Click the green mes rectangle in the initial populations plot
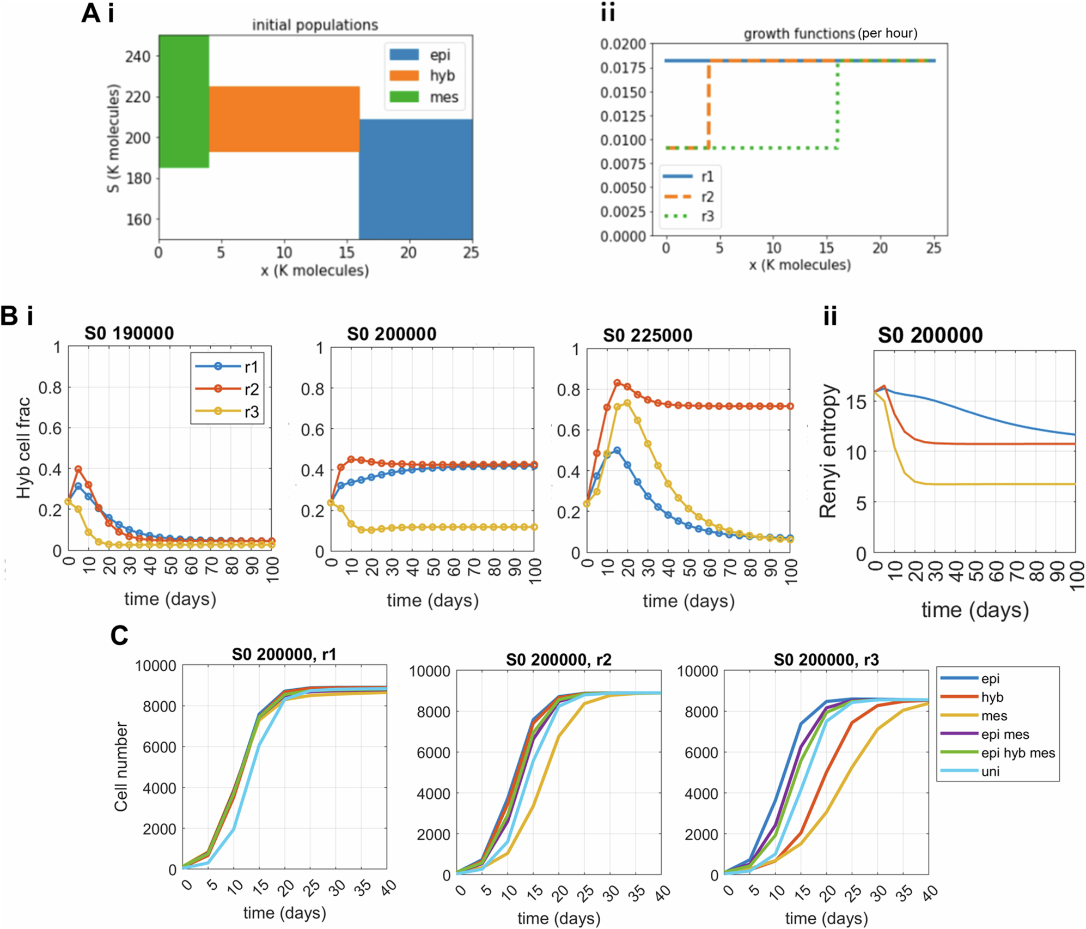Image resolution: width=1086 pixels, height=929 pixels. coord(184,101)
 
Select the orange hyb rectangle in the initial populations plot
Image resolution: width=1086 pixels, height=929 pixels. coord(284,119)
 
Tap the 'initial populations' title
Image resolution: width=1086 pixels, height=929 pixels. coord(315,25)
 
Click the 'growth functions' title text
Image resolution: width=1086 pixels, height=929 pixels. coord(799,34)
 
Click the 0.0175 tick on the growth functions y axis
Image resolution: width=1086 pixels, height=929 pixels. coord(623,68)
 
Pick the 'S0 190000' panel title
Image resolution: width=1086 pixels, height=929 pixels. coord(129,333)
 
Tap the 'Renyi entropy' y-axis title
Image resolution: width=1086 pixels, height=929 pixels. coord(828,451)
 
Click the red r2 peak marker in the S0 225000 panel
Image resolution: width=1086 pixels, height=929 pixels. coord(617,383)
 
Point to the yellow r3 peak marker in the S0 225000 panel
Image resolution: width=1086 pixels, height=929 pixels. coord(627,403)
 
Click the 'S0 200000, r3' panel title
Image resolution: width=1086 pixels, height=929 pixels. coord(826,660)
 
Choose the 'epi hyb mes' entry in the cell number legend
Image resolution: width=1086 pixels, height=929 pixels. coord(1017,752)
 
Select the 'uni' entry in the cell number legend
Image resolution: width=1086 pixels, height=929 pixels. coord(990,771)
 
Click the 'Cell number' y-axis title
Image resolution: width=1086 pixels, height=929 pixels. coord(121,767)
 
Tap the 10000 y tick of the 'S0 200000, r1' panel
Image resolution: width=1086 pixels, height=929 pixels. coord(156,666)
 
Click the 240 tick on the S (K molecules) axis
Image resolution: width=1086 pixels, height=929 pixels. coord(137,57)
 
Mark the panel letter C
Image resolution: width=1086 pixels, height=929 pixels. coord(119,635)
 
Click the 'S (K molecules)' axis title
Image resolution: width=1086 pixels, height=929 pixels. coord(113,138)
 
